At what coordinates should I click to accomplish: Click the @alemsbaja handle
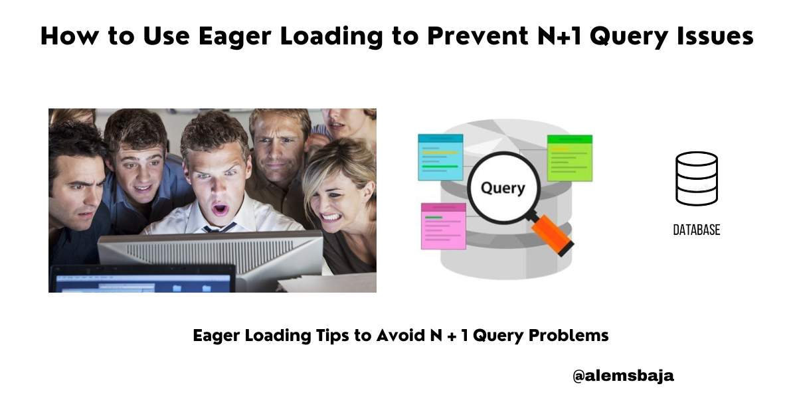point(623,376)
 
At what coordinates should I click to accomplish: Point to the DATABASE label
point(696,230)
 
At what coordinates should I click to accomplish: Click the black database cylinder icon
point(696,178)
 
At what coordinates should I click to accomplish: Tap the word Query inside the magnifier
point(503,188)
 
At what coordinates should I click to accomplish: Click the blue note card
point(440,157)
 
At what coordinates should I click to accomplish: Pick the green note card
point(569,157)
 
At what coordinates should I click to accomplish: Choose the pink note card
point(443,226)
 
